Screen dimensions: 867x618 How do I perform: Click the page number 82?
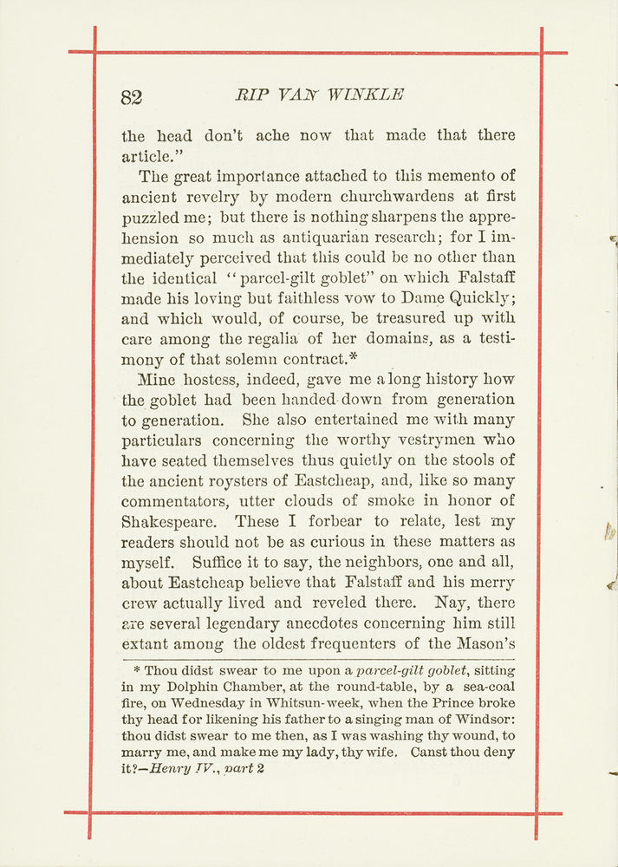pos(132,96)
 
